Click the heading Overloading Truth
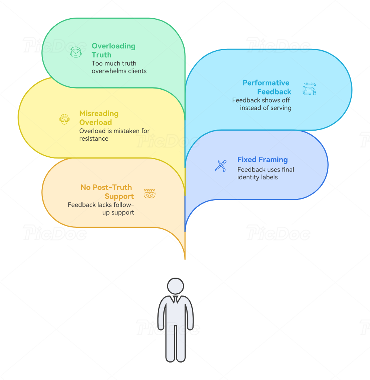click(x=113, y=50)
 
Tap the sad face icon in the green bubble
click(x=76, y=52)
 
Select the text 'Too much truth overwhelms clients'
click(x=119, y=67)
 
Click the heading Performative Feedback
click(x=267, y=87)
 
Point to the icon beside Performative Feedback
click(x=309, y=89)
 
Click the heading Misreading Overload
click(x=99, y=118)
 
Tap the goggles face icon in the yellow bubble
click(x=64, y=119)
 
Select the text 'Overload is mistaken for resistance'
click(x=114, y=135)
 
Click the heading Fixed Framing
click(x=262, y=160)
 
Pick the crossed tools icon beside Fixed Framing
click(x=220, y=166)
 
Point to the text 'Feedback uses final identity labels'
click(x=265, y=173)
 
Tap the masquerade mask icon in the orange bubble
click(x=149, y=194)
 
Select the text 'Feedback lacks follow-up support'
click(x=101, y=208)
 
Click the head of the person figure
click(x=175, y=286)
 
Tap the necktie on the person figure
click(x=175, y=300)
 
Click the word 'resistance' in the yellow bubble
click(x=94, y=138)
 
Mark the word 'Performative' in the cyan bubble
click(x=266, y=83)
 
